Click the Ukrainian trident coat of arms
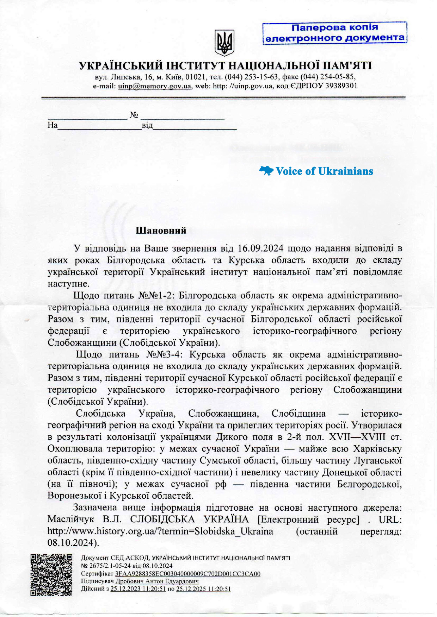coord(224,43)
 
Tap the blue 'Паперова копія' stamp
coord(334,32)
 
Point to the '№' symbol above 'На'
coord(134,115)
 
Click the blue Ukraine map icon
coord(266,171)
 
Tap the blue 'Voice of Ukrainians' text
coord(324,171)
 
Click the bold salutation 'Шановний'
coord(161,231)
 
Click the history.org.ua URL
coord(160,531)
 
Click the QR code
coord(51,575)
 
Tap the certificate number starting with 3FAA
coord(188,574)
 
